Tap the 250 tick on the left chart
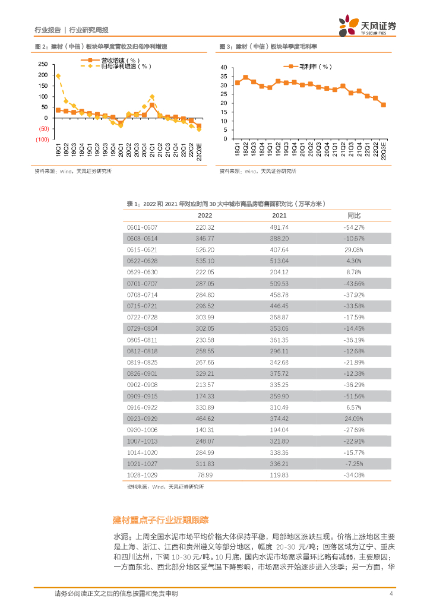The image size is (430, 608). click(42, 64)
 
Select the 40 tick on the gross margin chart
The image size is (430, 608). click(224, 68)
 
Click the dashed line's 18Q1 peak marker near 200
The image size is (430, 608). click(58, 76)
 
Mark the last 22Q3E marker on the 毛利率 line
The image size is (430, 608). click(383, 104)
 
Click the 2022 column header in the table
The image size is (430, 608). click(205, 216)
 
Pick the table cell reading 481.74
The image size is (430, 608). click(279, 227)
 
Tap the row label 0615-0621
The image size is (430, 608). click(142, 249)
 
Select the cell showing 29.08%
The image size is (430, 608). click(354, 249)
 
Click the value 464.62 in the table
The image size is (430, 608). click(205, 417)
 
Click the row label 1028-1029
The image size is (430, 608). click(142, 474)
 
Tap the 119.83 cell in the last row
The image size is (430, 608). click(279, 474)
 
